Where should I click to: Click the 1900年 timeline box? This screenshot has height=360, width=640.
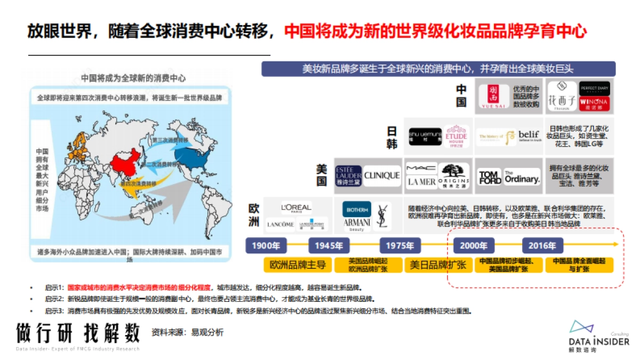tap(266, 246)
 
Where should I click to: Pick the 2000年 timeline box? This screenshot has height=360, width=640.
tap(473, 246)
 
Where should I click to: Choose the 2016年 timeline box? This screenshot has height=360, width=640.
tap(542, 246)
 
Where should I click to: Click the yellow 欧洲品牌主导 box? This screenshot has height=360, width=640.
tap(298, 265)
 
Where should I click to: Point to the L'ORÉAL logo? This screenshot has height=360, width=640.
tap(297, 207)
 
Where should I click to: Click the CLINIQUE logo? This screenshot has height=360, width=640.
tap(382, 175)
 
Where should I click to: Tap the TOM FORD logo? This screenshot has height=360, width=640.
tap(489, 178)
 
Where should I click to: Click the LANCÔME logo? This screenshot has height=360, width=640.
tap(281, 225)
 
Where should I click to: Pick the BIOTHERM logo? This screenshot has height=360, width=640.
tap(357, 209)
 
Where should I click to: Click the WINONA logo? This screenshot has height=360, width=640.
tap(595, 101)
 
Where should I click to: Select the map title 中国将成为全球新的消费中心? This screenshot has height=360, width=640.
tap(133, 78)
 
